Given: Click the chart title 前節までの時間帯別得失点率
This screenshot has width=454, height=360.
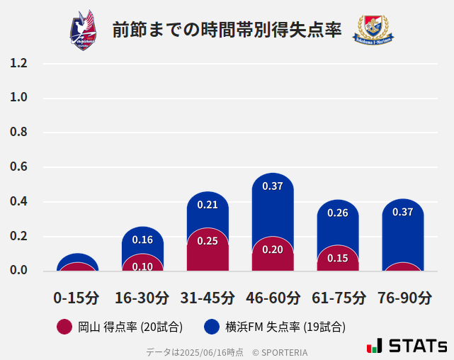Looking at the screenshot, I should coord(227,30).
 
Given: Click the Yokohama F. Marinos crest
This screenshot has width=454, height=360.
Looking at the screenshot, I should coord(373,30).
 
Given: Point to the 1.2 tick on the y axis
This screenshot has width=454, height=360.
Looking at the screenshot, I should coord(18,64).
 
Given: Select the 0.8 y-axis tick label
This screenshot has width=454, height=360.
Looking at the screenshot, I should coord(18,133).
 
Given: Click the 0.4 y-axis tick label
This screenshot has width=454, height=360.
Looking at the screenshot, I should coord(18,202).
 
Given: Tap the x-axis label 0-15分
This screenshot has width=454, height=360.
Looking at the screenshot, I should coord(76,298).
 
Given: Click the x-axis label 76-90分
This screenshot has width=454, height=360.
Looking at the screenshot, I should coord(404,298).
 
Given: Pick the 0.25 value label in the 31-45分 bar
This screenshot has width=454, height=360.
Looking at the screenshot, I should coord(208,241).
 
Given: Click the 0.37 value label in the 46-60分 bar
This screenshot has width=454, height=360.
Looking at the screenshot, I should coord(273,186).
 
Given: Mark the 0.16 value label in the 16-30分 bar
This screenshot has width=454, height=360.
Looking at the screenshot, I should coord(142,240).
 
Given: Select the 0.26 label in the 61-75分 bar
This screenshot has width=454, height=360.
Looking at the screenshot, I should coord(338,213).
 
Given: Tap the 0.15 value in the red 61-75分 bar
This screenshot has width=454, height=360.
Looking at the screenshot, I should coord(338,258).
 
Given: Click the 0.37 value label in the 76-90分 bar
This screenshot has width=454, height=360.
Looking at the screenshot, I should coord(403,212).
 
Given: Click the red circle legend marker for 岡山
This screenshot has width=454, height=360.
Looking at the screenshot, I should coord(64,327).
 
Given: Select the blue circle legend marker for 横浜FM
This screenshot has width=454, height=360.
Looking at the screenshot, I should coord(211,327).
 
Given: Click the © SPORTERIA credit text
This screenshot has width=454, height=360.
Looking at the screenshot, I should coord(280,352).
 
